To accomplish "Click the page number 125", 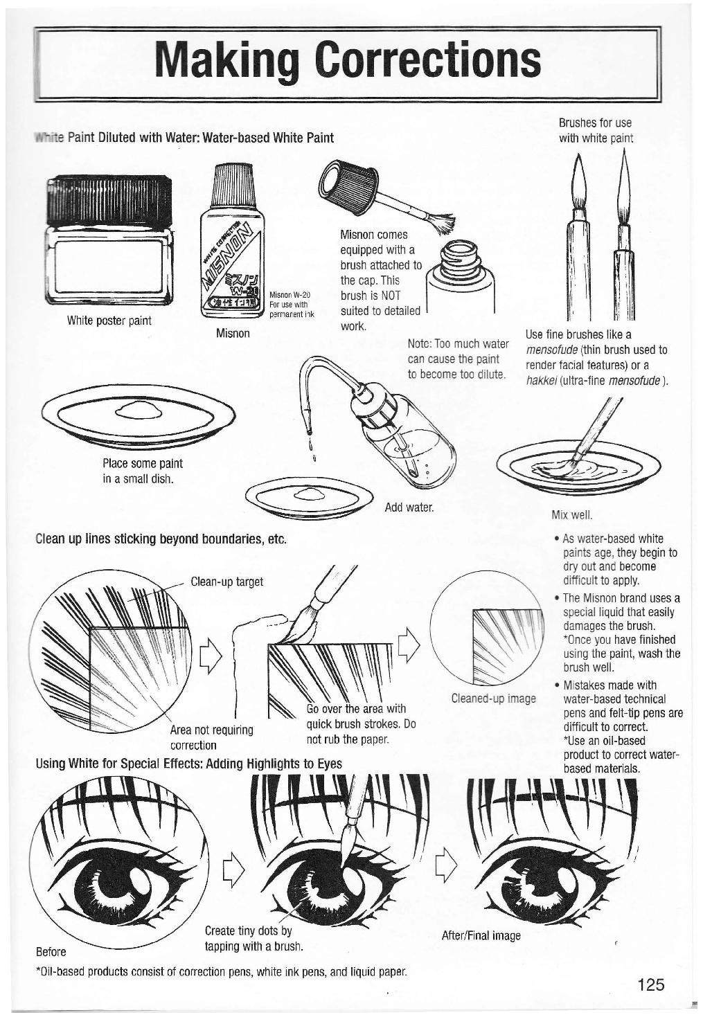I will pos(650,984).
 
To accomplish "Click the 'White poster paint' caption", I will pos(109,321).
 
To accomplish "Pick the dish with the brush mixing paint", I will pos(578,467).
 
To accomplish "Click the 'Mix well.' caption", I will pos(572,514).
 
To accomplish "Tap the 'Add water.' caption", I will pos(409,507).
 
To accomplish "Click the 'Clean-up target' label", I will pos(226,582).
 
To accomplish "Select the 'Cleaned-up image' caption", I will pos(493,699).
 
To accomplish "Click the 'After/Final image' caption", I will pos(481,936).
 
